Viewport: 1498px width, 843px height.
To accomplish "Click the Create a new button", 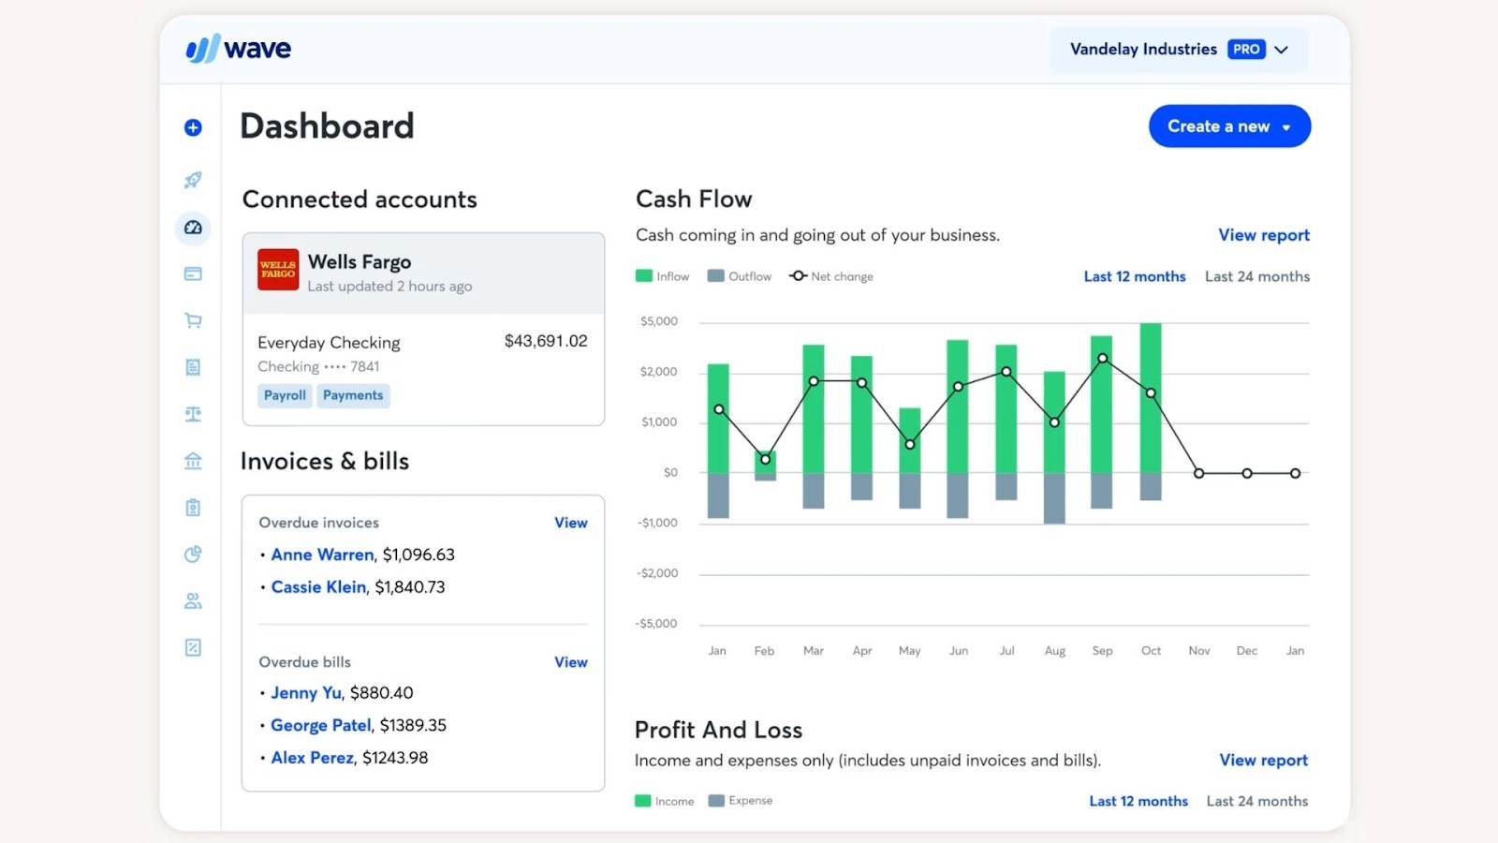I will click(1228, 126).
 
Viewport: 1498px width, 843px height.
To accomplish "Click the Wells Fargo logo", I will click(278, 270).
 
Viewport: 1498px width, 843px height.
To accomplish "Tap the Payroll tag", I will click(285, 395).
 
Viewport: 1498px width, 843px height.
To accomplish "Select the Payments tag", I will click(353, 395).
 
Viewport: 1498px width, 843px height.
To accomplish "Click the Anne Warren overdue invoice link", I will click(322, 555).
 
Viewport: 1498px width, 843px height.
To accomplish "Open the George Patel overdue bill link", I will click(320, 725).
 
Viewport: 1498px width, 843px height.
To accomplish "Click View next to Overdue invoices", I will click(570, 523).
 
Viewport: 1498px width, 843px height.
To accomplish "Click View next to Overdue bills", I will click(570, 662).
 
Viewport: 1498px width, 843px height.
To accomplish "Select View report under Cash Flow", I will click(1263, 235).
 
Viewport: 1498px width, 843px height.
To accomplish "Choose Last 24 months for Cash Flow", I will click(1256, 276).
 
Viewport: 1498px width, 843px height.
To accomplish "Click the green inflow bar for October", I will click(1151, 398).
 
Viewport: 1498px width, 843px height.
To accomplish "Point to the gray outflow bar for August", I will click(1054, 498).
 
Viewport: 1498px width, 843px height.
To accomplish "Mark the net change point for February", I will click(765, 460).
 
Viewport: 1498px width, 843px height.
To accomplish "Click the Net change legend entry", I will click(831, 276).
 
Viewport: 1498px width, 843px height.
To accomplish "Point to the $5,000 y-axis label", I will click(658, 321).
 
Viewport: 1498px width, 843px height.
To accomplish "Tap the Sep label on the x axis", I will click(1102, 651).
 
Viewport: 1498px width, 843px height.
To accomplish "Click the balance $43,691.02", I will click(546, 341).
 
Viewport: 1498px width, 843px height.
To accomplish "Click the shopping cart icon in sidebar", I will click(193, 320).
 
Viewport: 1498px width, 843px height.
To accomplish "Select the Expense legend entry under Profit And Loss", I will click(741, 801).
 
